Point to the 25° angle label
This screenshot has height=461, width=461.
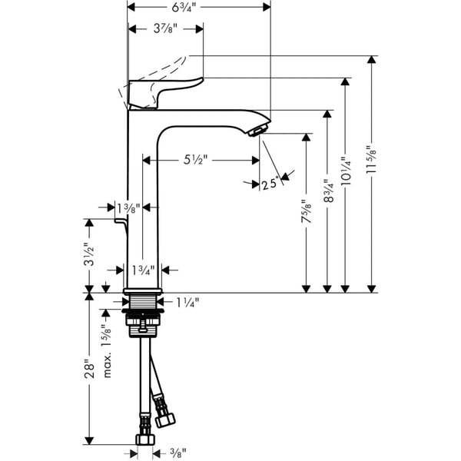point(268,184)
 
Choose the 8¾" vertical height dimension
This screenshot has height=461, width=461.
point(328,191)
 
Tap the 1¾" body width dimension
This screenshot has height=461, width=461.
point(142,270)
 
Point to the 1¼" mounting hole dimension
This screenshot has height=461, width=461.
point(187,303)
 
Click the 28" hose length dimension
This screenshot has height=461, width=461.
point(90,370)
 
